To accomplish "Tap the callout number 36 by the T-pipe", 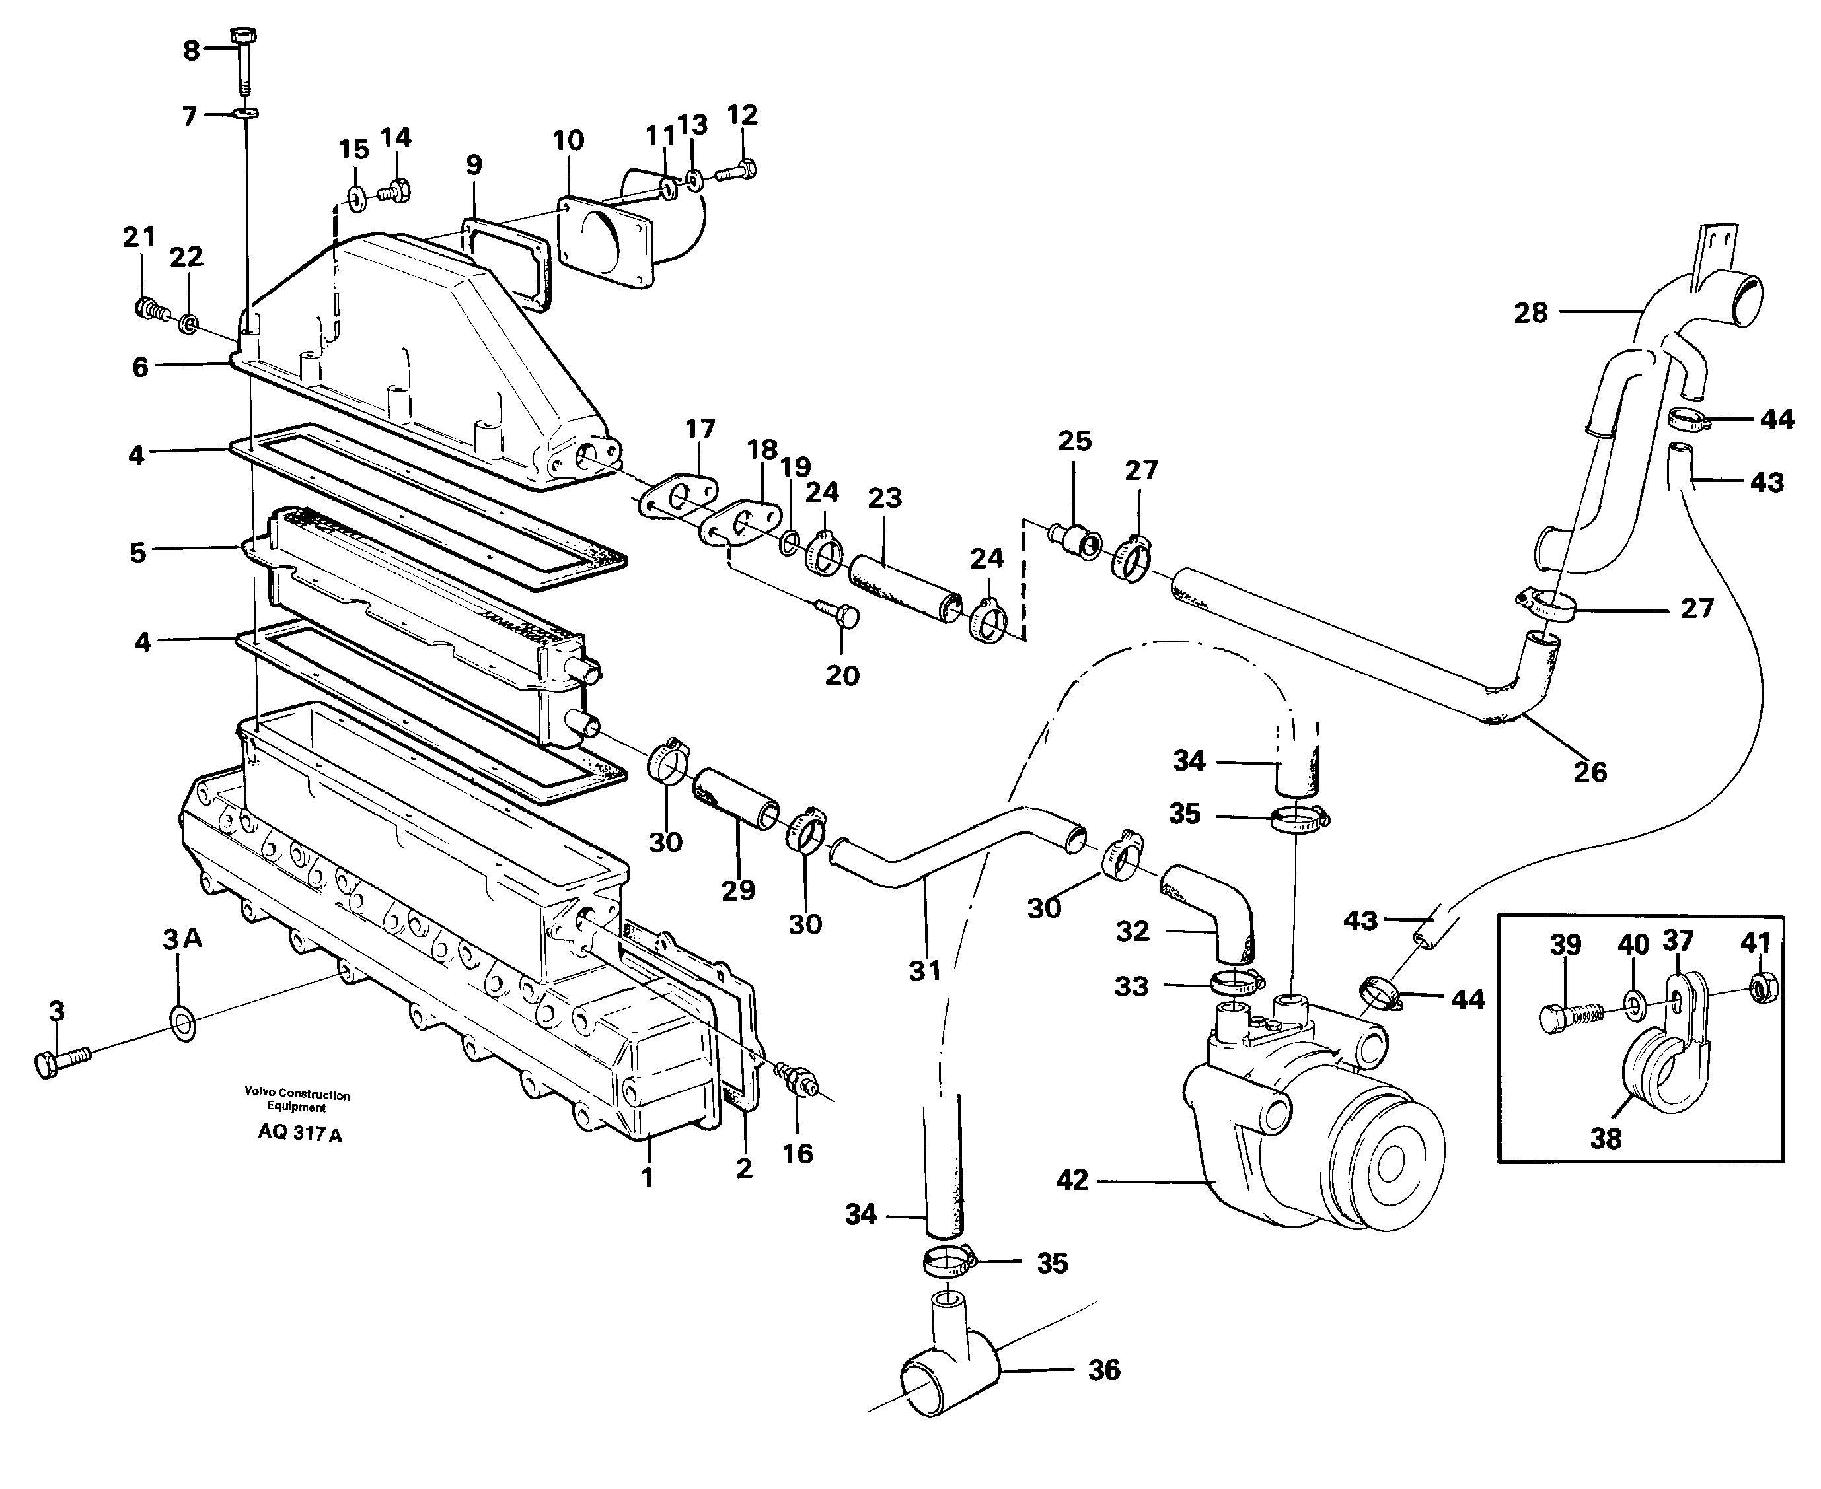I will pyautogui.click(x=1103, y=1369).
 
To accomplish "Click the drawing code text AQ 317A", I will pyautogui.click(x=299, y=1134).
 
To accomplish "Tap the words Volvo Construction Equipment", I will pyautogui.click(x=297, y=1101).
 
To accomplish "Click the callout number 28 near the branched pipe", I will pyautogui.click(x=1531, y=313).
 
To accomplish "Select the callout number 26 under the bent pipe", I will pyautogui.click(x=1589, y=772).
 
